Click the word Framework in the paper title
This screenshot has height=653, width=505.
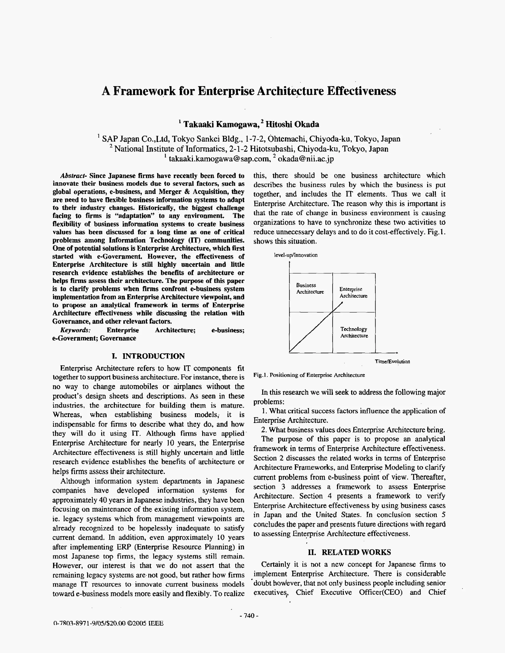pos(144,91)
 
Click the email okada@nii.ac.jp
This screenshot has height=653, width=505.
pos(306,159)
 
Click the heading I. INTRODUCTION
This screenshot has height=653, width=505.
pos(148,356)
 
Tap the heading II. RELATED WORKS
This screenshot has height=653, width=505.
pos(349,552)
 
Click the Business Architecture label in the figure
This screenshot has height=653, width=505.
pos(310,288)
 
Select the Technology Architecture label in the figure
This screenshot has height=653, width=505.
pos(354,332)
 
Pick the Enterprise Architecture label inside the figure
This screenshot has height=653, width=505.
pos(353,292)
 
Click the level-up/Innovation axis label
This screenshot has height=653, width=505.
pos(296,255)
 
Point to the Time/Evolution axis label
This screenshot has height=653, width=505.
pos(392,361)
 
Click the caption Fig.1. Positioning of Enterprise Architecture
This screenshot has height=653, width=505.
pos(309,375)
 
